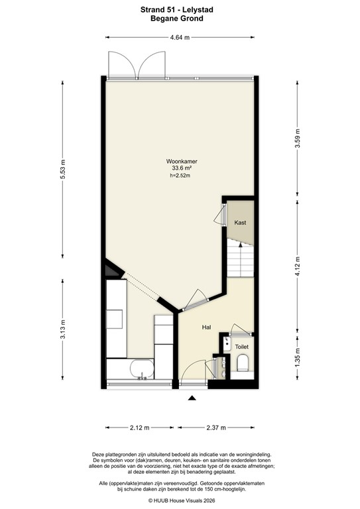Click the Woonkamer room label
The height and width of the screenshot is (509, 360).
point(180,161)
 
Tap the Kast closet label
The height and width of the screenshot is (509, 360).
point(240,223)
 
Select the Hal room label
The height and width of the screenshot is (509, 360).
point(206,327)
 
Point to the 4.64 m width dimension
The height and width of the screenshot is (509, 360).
point(180,38)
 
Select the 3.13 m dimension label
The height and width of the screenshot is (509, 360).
point(63,329)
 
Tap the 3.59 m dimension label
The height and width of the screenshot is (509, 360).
point(297,139)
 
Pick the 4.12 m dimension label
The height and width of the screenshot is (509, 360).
point(297,264)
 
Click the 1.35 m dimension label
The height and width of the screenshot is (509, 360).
point(297,359)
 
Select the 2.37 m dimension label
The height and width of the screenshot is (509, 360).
point(216,427)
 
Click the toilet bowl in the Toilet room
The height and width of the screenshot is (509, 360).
point(242,363)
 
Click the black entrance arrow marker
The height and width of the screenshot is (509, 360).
point(193,398)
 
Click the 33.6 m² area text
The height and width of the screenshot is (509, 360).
point(180,168)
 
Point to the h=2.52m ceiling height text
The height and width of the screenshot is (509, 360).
point(180,176)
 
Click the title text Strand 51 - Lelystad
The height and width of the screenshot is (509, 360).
point(180,10)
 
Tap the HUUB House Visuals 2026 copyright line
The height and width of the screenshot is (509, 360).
point(180,501)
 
